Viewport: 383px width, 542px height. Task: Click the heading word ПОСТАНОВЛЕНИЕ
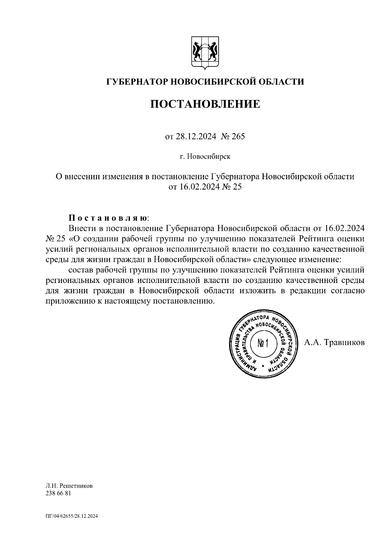point(205,104)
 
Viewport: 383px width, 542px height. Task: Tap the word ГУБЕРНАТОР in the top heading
point(138,82)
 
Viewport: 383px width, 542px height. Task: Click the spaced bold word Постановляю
point(108,218)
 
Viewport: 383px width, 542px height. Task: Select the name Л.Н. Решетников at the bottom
point(69,486)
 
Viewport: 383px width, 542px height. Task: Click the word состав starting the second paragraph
point(80,270)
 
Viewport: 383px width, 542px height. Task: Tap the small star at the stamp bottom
point(263,366)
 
